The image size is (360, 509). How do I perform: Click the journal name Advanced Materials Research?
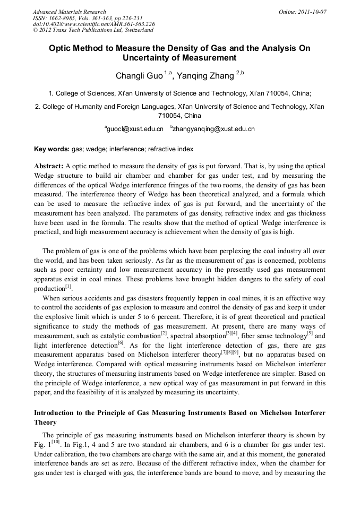pos(70,12)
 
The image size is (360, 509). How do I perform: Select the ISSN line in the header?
pos(78,18)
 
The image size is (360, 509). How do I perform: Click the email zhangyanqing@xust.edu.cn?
pos(208,129)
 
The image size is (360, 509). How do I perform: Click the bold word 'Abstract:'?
pos(49,166)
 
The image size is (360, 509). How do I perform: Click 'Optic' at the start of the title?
pos(60,48)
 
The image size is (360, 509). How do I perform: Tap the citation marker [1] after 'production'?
pos(68,287)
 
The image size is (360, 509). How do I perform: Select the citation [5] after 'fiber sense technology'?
pos(310,333)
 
